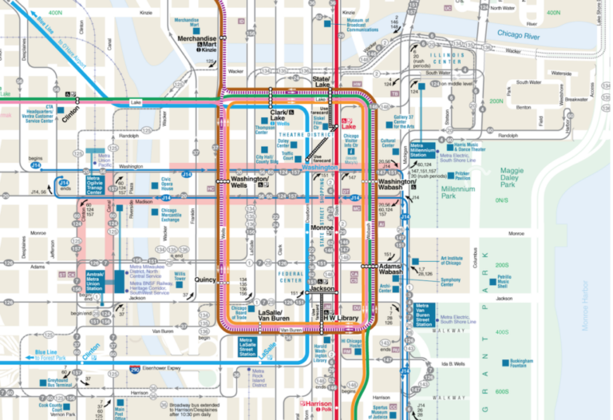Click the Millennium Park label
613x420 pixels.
(x=458, y=192)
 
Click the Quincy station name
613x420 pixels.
(x=205, y=279)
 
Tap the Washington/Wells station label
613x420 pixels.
(x=247, y=182)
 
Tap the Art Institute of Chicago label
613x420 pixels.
(x=452, y=260)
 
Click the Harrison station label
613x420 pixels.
(x=317, y=403)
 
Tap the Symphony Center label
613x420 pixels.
(x=451, y=280)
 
